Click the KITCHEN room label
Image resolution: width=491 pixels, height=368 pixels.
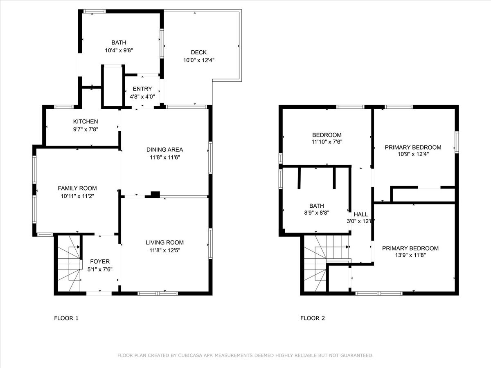click(x=86, y=121)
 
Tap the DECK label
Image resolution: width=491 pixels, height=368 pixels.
click(x=198, y=52)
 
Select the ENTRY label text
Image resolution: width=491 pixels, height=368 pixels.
click(x=142, y=89)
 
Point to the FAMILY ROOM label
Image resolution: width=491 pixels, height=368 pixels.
click(x=77, y=188)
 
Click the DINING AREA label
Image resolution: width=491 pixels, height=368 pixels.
click(x=164, y=150)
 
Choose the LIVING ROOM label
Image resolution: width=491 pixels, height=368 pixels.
click(x=164, y=242)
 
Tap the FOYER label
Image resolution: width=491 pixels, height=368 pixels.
click(x=100, y=261)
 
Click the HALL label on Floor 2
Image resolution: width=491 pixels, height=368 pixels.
click(x=361, y=215)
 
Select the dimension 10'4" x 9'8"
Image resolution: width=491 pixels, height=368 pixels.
click(x=119, y=50)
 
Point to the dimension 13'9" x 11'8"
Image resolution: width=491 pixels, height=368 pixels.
click(x=410, y=255)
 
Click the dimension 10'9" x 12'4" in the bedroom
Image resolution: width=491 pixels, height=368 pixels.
click(x=413, y=154)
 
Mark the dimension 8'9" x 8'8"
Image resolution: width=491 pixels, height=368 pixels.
click(x=317, y=213)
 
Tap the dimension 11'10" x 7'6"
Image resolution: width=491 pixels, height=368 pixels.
click(x=327, y=142)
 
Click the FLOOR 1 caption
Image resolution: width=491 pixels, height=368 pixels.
click(x=66, y=318)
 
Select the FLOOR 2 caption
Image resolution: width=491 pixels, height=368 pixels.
click(x=313, y=318)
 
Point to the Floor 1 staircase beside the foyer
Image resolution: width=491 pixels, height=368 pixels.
click(x=69, y=263)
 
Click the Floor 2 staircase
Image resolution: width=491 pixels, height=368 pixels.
click(x=326, y=263)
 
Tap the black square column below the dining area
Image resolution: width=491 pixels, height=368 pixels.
click(x=155, y=194)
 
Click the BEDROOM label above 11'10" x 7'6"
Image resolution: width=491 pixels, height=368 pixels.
click(x=327, y=135)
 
